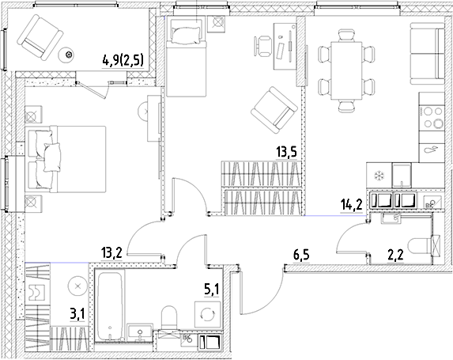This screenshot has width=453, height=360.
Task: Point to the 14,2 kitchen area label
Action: click(352, 206)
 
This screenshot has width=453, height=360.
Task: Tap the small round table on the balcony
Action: click(69, 54)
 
